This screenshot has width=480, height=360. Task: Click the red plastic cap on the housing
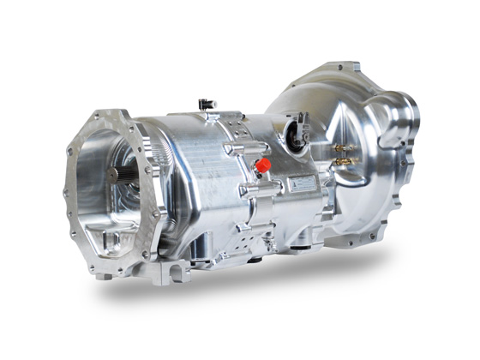click(263, 163)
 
